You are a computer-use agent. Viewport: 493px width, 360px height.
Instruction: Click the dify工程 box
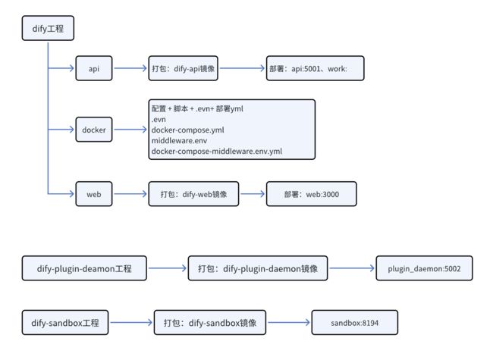(48, 28)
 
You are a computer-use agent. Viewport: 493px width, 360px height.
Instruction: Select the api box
(94, 68)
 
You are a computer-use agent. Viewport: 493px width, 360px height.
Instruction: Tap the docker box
(94, 130)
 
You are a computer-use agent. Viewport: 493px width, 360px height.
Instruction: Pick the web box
(94, 194)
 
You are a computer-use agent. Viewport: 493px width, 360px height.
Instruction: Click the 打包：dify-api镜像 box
(183, 68)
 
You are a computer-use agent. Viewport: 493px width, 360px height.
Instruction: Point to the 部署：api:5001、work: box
(315, 68)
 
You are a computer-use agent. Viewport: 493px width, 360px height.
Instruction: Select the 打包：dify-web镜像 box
(193, 194)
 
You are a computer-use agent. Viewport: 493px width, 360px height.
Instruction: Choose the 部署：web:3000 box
(311, 194)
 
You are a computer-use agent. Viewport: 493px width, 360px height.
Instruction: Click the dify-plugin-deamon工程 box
(84, 268)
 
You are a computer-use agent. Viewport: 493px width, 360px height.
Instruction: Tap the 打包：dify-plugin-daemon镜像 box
(258, 268)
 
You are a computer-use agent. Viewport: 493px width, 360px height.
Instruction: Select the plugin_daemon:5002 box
(424, 268)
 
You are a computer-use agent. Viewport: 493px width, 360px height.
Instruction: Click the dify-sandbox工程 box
(65, 323)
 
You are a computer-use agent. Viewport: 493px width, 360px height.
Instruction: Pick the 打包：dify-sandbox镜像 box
(209, 323)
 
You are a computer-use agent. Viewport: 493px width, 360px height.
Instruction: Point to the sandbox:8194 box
(355, 323)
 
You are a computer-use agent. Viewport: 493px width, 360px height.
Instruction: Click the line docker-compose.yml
(187, 130)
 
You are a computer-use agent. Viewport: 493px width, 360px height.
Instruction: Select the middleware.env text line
(179, 140)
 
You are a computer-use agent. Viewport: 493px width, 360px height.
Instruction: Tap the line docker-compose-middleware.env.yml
(217, 152)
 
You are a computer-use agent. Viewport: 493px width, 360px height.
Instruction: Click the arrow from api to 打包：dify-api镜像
(130, 68)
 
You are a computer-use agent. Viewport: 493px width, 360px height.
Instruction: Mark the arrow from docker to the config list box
(130, 130)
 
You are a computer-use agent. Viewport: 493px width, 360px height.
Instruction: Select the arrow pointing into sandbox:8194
(289, 322)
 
